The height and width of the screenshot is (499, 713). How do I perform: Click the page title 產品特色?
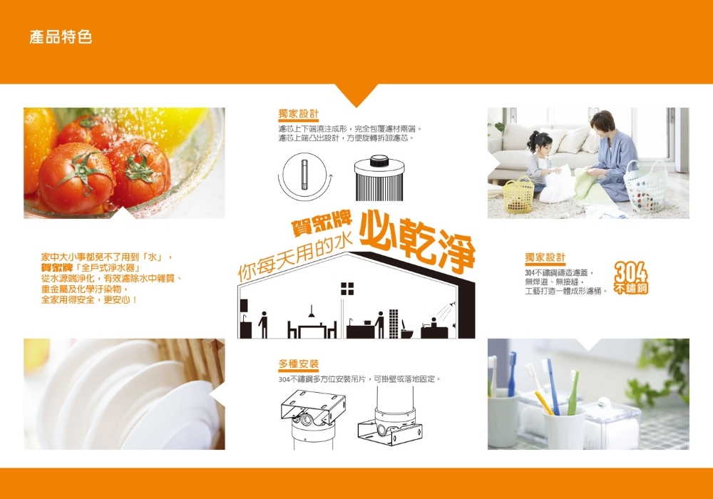coord(61,37)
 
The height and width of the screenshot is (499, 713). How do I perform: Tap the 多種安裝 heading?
coord(299,364)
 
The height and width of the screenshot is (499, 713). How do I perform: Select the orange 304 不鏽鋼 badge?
coord(631,278)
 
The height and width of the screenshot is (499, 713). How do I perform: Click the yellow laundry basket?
coord(519,195)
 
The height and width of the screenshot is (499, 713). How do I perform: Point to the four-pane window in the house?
coord(347,289)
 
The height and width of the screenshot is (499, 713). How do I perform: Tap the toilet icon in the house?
coord(406,330)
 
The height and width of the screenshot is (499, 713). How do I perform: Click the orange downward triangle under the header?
coord(356,96)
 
